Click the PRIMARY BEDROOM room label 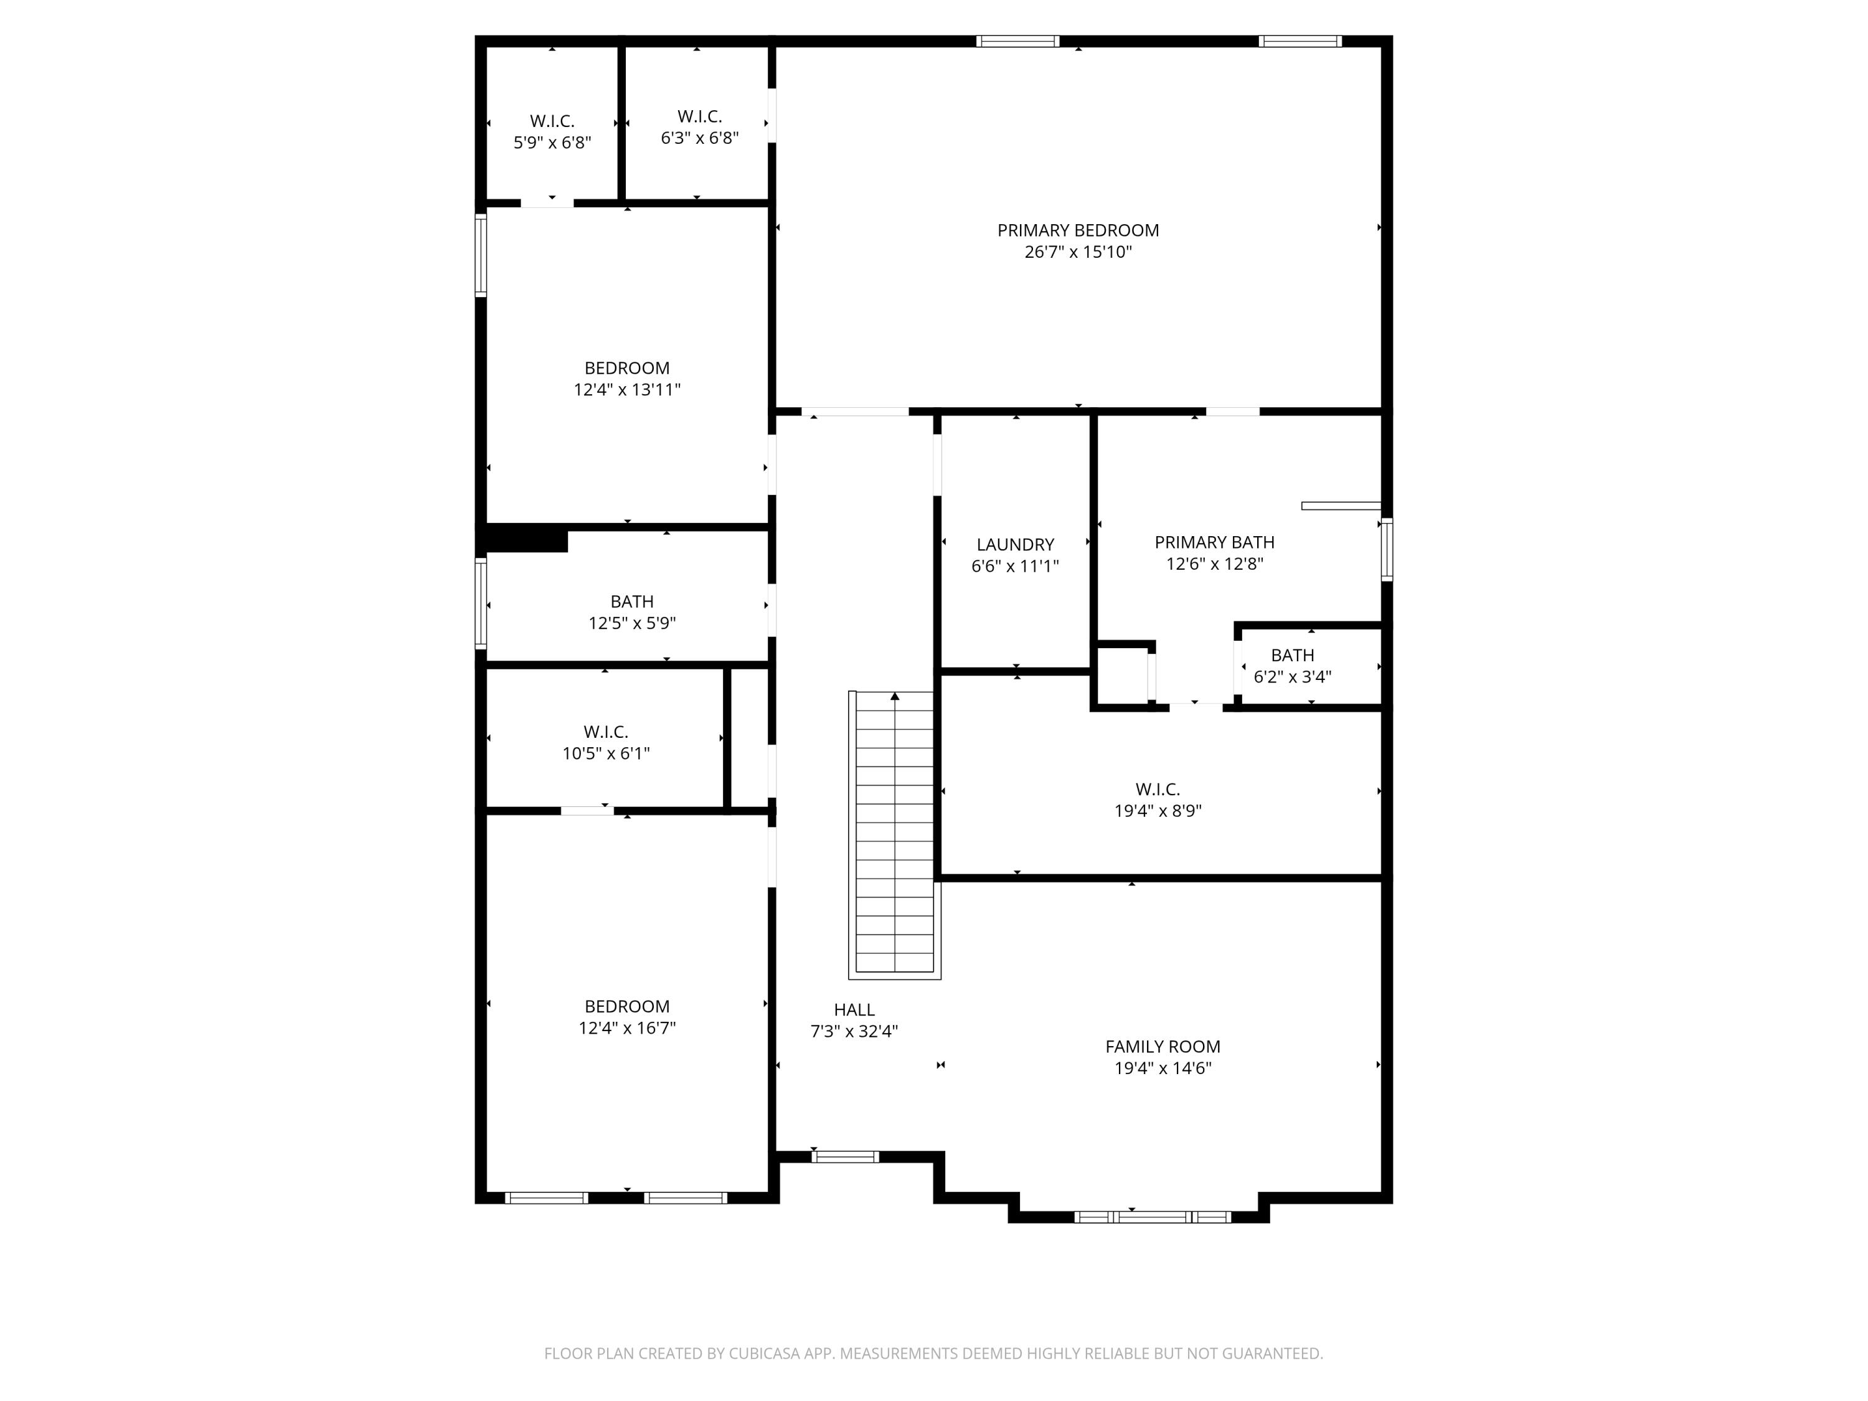[x=1078, y=230]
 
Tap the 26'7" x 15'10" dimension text [x=1078, y=252]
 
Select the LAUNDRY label [x=1015, y=545]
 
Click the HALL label [x=854, y=1009]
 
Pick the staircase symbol [x=894, y=834]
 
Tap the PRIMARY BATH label [x=1214, y=542]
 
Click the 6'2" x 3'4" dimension [x=1292, y=676]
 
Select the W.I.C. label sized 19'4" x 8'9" [x=1157, y=790]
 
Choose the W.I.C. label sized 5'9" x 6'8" [x=552, y=121]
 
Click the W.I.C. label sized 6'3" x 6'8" [x=699, y=116]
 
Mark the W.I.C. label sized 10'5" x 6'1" [x=605, y=732]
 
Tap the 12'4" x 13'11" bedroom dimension [x=626, y=389]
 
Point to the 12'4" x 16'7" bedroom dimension [x=626, y=1028]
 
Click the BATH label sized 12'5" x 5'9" [x=631, y=601]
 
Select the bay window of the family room [x=1152, y=1217]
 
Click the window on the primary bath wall [x=1386, y=549]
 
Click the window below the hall [x=844, y=1157]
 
